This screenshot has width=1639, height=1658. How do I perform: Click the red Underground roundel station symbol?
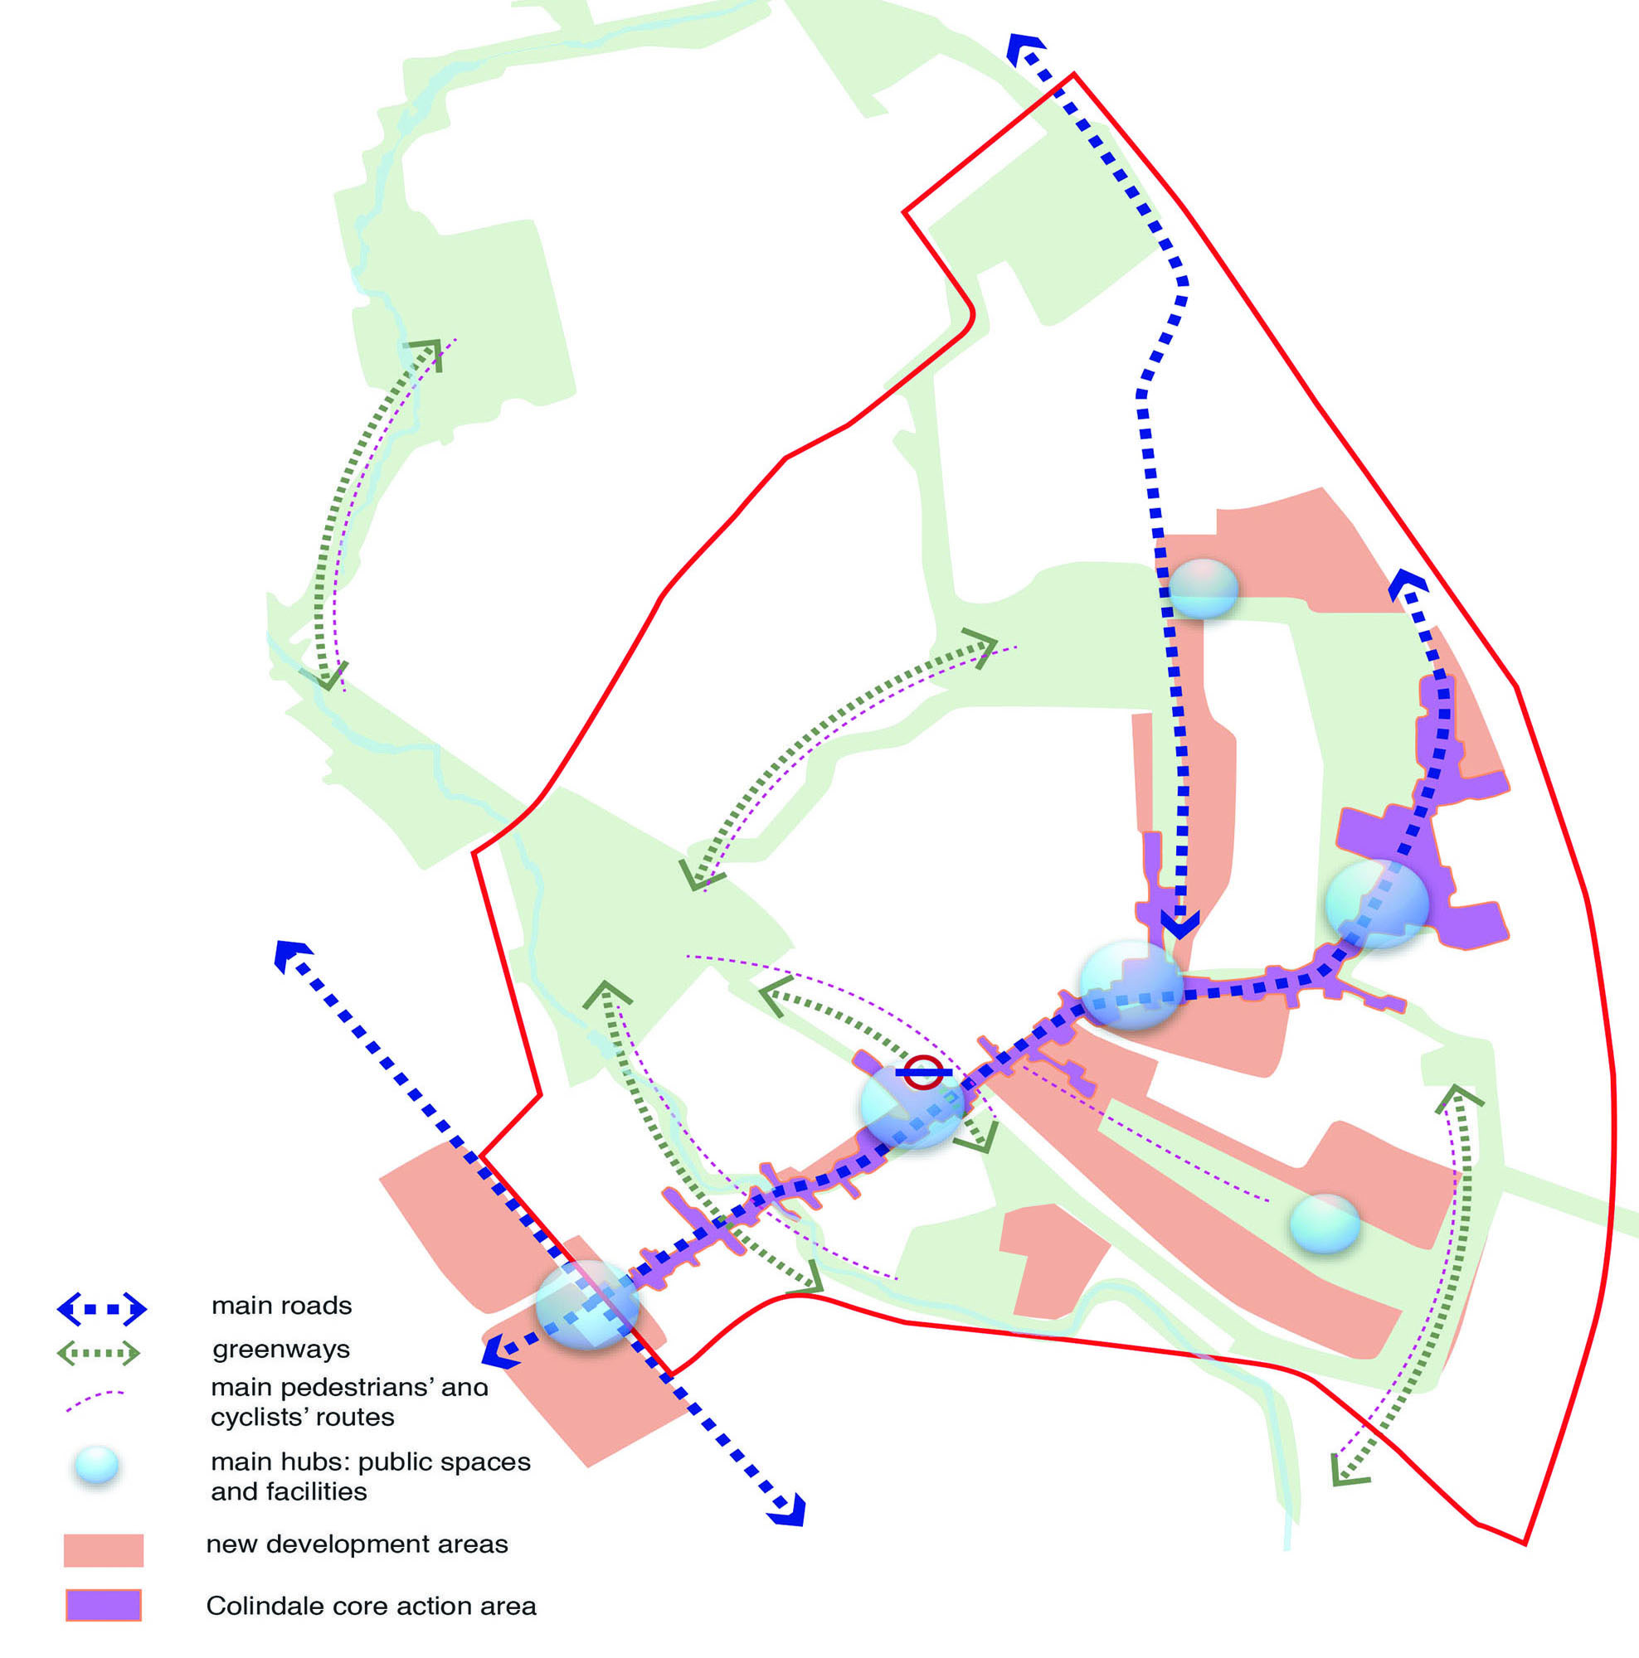coord(924,1072)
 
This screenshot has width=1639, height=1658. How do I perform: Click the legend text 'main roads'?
coord(282,1306)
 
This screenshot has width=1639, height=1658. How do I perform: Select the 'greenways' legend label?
coord(280,1350)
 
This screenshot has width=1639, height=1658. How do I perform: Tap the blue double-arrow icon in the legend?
coord(102,1309)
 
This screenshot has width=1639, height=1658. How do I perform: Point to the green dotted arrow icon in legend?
coord(99,1354)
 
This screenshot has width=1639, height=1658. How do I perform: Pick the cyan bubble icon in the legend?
coord(97,1465)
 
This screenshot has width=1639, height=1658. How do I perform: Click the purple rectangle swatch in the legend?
coord(104,1605)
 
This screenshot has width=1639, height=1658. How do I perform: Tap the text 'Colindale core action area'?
coord(371,1606)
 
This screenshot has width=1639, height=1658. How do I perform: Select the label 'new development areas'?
coord(357,1544)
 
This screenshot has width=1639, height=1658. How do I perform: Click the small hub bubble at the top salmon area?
coord(1203,588)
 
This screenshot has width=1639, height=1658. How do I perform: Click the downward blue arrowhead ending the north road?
coord(1180,924)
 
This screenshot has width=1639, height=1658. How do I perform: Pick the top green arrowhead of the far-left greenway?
coord(426,351)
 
